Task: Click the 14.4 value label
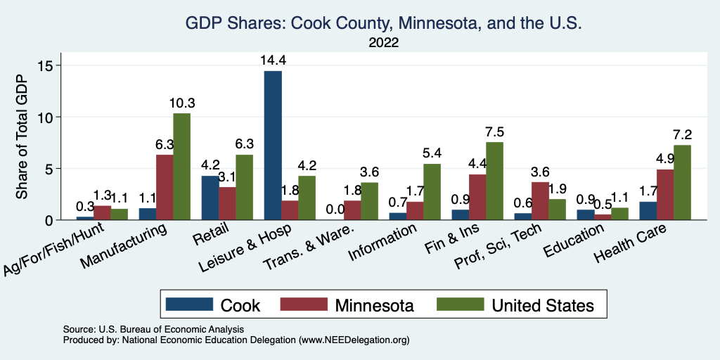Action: (x=273, y=60)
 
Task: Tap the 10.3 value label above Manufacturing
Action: (x=182, y=103)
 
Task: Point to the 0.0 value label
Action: (x=335, y=210)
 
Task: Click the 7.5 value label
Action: (x=494, y=132)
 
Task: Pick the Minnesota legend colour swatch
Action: (x=304, y=304)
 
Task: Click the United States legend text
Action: (x=542, y=305)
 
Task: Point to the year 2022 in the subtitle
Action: (x=383, y=42)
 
